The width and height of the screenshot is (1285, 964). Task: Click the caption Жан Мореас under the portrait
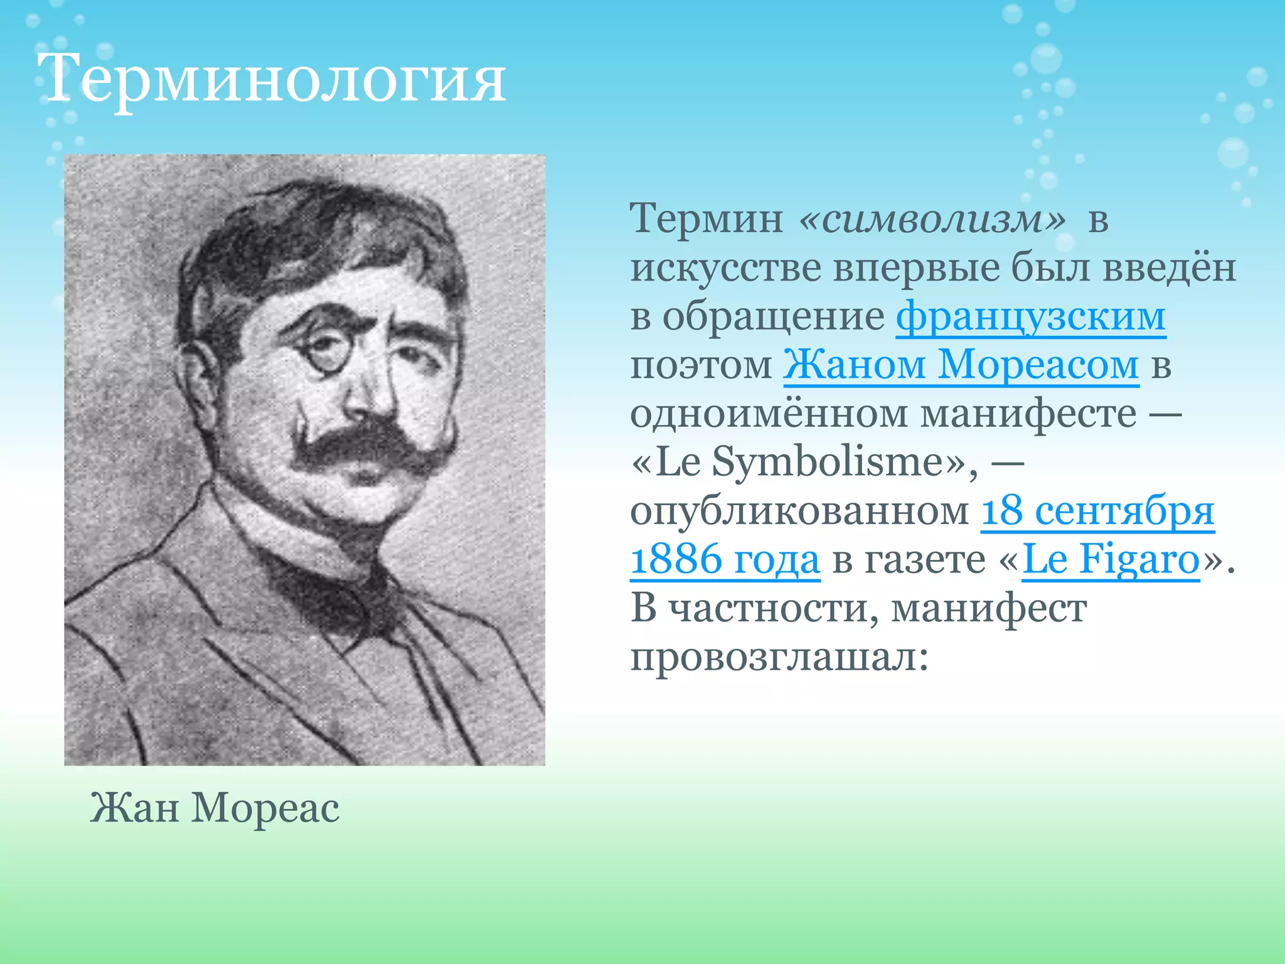tap(215, 807)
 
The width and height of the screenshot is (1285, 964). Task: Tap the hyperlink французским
tap(1030, 316)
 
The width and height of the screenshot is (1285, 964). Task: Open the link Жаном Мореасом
tap(961, 365)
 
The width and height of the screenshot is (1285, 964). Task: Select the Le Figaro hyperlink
tap(1111, 559)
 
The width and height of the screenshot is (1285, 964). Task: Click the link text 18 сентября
tap(1097, 511)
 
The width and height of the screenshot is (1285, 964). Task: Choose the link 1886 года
tap(725, 559)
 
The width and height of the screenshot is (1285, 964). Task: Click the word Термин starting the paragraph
tap(706, 219)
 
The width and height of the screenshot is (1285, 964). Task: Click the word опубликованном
tap(799, 511)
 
